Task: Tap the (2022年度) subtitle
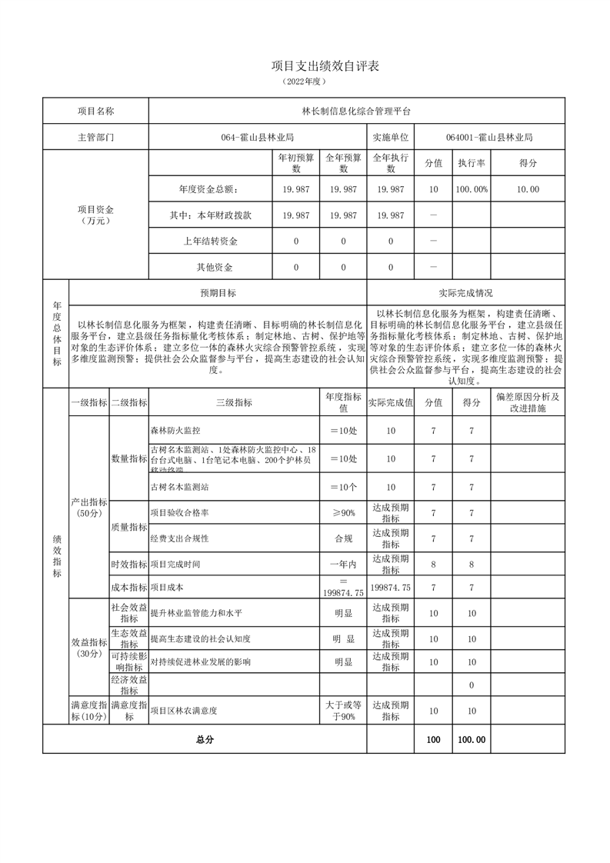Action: (305, 81)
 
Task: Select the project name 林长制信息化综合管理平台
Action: (356, 111)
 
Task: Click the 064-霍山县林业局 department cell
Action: (258, 138)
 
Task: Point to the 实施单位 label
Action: (391, 138)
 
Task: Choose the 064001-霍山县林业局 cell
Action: (489, 138)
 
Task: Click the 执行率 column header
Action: (471, 163)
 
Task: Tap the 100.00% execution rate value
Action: (471, 189)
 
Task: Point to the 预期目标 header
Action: (218, 293)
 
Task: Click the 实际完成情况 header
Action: (465, 293)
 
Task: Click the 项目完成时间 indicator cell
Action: (175, 564)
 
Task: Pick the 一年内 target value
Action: (343, 564)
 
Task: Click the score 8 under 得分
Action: (471, 564)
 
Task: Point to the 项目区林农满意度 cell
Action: (183, 711)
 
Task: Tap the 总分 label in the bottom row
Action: (204, 739)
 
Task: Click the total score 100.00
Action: (471, 739)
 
